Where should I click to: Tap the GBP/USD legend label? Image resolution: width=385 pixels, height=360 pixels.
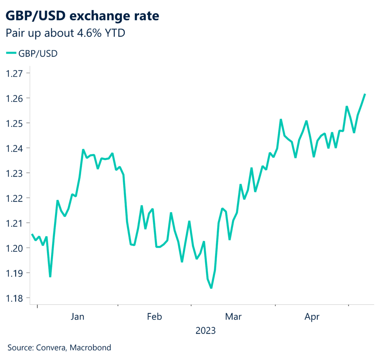pos(38,53)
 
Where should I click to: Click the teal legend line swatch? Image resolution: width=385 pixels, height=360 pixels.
pos(11,53)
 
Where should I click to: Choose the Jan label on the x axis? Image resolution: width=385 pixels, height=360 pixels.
pos(77,317)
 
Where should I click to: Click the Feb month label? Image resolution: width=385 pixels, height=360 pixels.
pos(154,317)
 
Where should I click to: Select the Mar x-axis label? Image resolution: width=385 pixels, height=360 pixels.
pos(233,317)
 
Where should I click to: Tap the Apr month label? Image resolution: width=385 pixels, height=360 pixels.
pos(312,317)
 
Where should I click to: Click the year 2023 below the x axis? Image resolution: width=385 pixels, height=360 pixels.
pos(205,331)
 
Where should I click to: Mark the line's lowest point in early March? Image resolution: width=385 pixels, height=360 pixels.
pos(211,288)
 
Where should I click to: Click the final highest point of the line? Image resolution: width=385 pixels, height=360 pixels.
pos(365,94)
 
